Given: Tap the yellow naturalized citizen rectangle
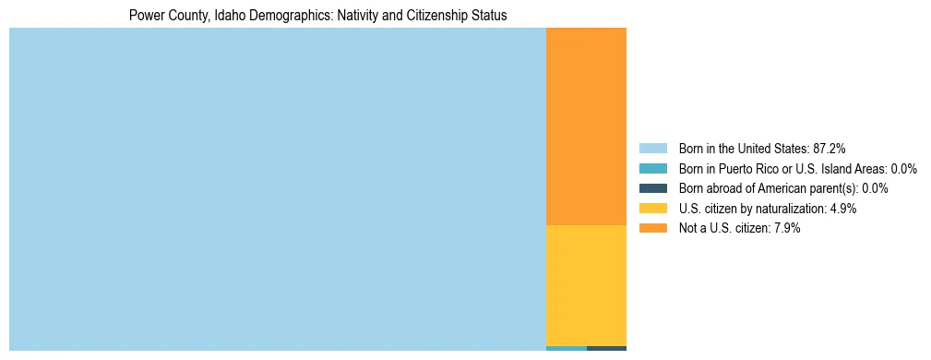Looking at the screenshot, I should tap(586, 285).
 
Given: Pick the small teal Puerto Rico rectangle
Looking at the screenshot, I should tap(567, 348).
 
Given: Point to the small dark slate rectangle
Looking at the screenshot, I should tap(606, 348).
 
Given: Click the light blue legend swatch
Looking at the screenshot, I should tap(652, 149).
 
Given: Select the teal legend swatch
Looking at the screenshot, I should tap(652, 169).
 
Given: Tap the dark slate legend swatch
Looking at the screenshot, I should tap(652, 188).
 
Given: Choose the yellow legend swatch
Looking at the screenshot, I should tap(652, 209).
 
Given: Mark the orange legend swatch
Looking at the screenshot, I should tap(652, 228).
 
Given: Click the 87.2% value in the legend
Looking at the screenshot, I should tap(829, 149).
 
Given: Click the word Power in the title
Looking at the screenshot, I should tap(145, 16).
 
